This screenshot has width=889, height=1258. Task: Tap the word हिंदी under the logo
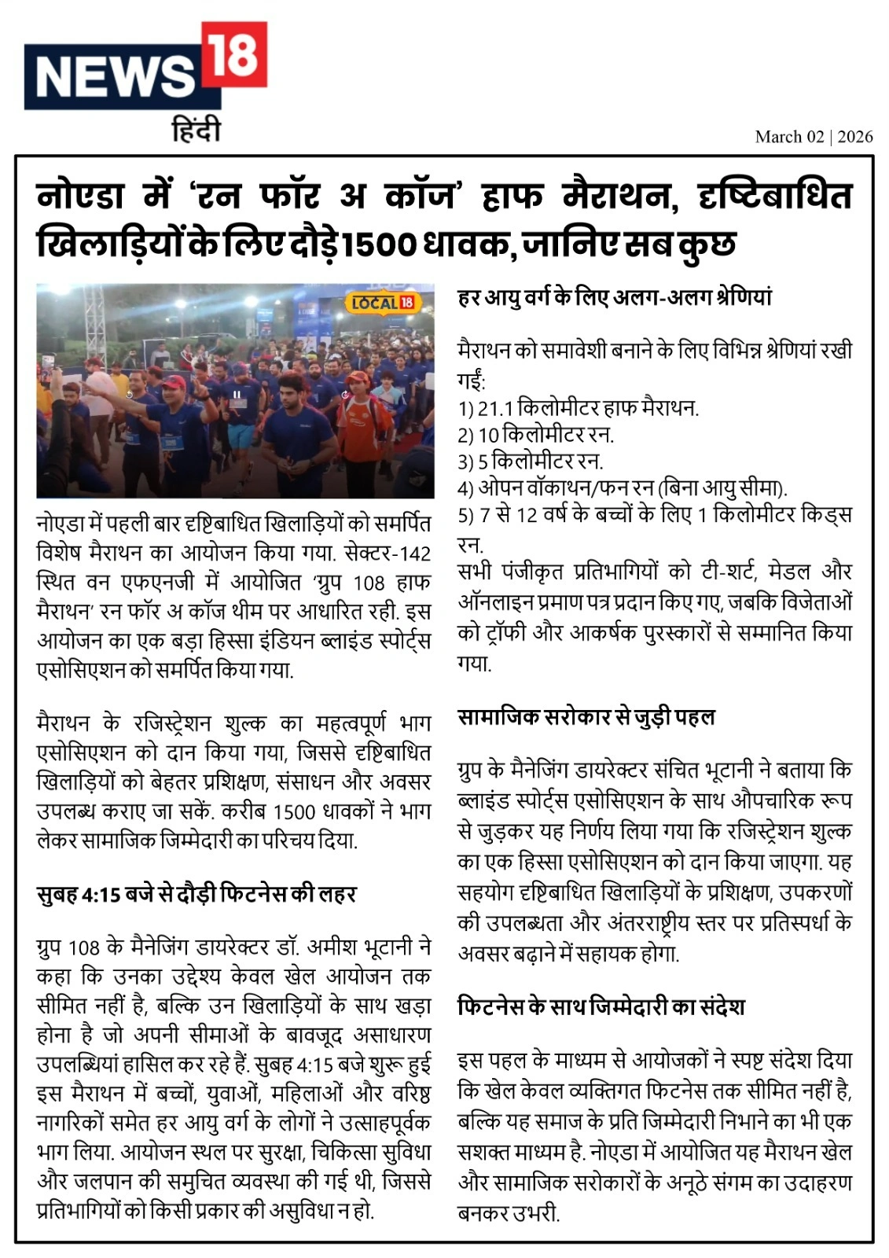(197, 130)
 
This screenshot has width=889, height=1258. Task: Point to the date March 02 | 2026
(814, 137)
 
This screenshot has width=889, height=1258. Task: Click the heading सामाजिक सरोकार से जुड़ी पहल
(586, 717)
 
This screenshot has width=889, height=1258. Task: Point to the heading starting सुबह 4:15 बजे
(197, 894)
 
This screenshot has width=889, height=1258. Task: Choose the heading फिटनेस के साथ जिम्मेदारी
(601, 1006)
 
